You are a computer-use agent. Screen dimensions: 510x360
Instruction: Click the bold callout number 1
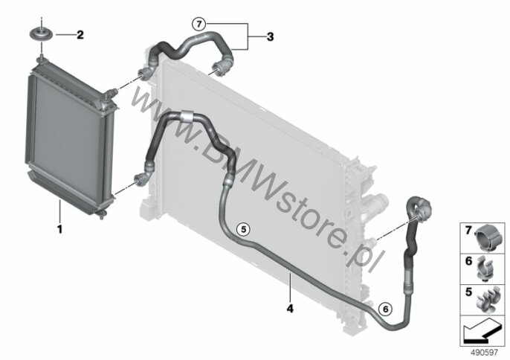pyautogui.click(x=59, y=230)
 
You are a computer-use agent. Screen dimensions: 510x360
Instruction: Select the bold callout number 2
pyautogui.click(x=80, y=34)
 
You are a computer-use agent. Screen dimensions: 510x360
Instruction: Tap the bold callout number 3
pyautogui.click(x=271, y=36)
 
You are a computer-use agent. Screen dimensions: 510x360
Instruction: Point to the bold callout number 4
pyautogui.click(x=290, y=308)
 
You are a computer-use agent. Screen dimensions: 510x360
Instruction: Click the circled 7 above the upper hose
pyautogui.click(x=199, y=24)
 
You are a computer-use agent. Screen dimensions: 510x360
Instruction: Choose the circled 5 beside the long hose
pyautogui.click(x=244, y=229)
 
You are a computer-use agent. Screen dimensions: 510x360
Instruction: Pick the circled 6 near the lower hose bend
pyautogui.click(x=385, y=309)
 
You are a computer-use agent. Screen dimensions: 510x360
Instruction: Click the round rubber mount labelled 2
pyautogui.click(x=42, y=33)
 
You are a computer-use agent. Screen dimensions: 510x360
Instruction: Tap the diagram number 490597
pyautogui.click(x=485, y=353)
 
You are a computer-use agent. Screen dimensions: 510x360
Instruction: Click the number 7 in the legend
pyautogui.click(x=468, y=231)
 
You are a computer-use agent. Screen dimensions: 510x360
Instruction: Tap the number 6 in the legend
pyautogui.click(x=468, y=261)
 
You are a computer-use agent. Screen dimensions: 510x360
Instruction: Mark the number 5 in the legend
pyautogui.click(x=468, y=292)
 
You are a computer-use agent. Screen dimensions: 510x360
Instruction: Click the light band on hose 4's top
pyautogui.click(x=187, y=116)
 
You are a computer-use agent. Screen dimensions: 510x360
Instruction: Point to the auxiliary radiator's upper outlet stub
pyautogui.click(x=111, y=92)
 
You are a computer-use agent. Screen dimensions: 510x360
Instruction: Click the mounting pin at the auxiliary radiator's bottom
pyautogui.click(x=103, y=215)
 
